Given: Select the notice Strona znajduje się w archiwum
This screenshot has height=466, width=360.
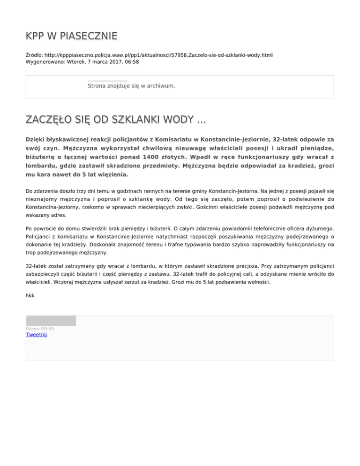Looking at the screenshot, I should (132, 86).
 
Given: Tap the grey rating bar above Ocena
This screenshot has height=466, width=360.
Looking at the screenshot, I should (51, 321).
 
